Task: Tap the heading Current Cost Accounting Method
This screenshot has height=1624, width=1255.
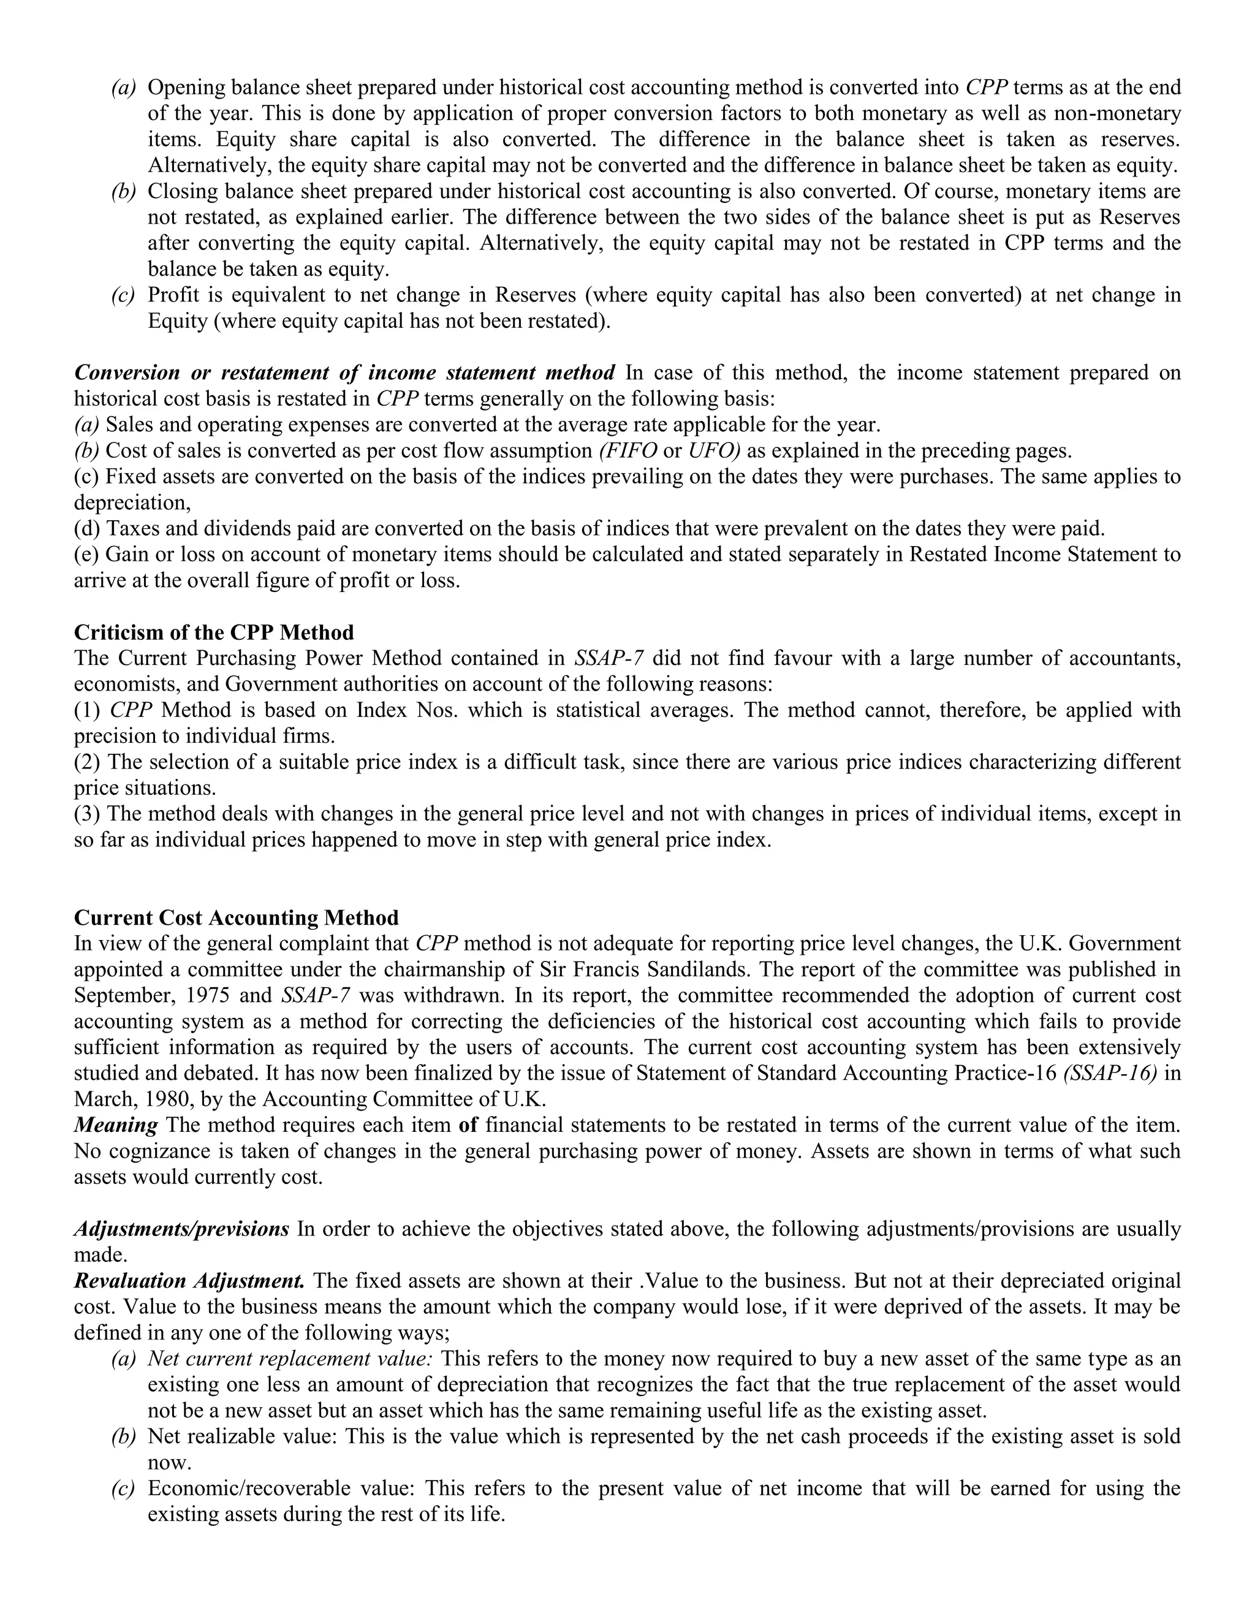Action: [x=237, y=917]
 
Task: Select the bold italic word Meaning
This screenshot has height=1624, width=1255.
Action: [x=115, y=1125]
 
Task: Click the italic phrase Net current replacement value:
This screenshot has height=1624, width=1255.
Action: [x=290, y=1359]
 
